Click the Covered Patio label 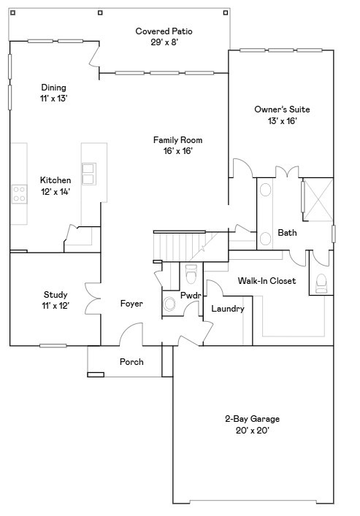tap(162, 31)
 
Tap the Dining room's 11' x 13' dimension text tap(54, 98)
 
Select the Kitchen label tap(55, 180)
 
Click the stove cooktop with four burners tap(19, 193)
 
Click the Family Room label tap(177, 139)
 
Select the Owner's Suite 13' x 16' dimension tap(275, 121)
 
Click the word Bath tap(287, 234)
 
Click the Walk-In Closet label tap(267, 280)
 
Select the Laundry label tap(227, 309)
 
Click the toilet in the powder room tap(191, 275)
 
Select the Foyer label tap(131, 304)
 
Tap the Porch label tap(131, 362)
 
